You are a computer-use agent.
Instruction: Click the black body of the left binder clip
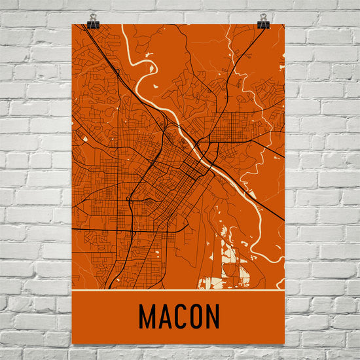[x=94, y=25]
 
